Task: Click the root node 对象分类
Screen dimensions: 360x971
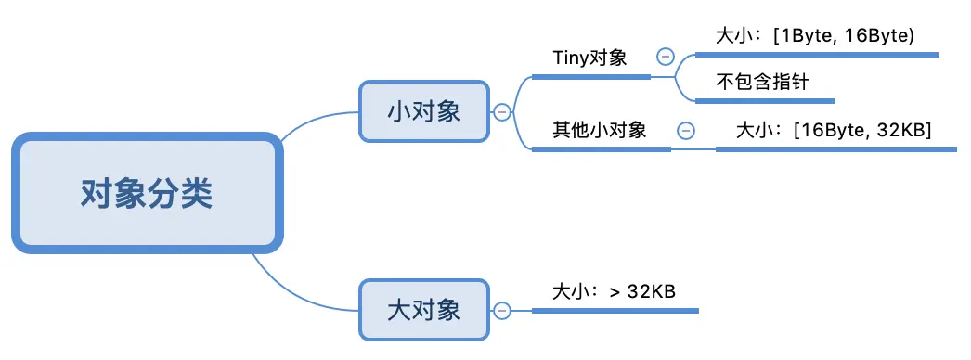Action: (147, 193)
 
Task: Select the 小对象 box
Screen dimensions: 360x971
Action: (423, 112)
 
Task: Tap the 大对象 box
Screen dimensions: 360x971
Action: (423, 310)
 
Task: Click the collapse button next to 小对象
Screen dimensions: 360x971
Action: (502, 112)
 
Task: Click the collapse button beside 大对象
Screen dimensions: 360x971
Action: (502, 311)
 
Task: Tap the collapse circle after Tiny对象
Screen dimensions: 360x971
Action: (666, 57)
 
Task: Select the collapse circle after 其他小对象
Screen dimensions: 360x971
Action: (686, 131)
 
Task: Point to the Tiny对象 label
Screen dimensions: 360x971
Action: (589, 58)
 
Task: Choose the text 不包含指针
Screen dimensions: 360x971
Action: (763, 82)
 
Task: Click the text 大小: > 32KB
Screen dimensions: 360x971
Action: (614, 291)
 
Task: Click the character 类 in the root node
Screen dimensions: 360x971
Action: (196, 193)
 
